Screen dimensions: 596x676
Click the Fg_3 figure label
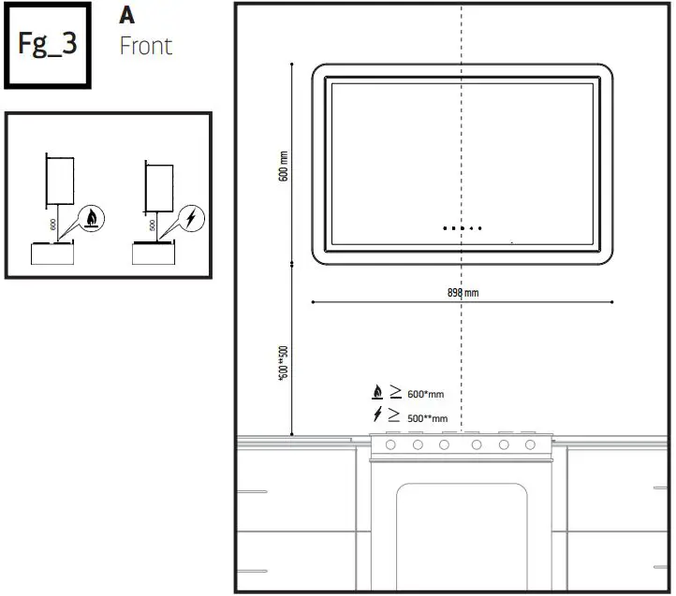coord(47,45)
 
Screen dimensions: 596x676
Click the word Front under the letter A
coord(145,45)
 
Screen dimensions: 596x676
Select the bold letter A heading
coord(127,16)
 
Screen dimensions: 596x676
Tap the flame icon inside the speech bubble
coord(92,219)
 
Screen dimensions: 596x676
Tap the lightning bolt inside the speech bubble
coord(191,218)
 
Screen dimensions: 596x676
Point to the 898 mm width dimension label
coord(463,293)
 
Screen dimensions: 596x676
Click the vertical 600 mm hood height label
coord(284,167)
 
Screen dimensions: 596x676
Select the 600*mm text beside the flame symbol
coord(426,395)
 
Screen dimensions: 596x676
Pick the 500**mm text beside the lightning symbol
coord(427,418)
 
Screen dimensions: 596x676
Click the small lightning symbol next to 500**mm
coord(377,415)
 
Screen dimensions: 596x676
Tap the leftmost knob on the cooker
coord(390,444)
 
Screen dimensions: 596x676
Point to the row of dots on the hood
coord(463,228)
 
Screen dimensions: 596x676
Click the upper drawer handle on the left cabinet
coord(252,490)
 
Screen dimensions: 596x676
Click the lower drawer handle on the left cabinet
coord(252,571)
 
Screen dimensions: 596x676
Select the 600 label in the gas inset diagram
coord(53,224)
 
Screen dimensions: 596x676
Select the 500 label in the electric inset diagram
coord(153,225)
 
